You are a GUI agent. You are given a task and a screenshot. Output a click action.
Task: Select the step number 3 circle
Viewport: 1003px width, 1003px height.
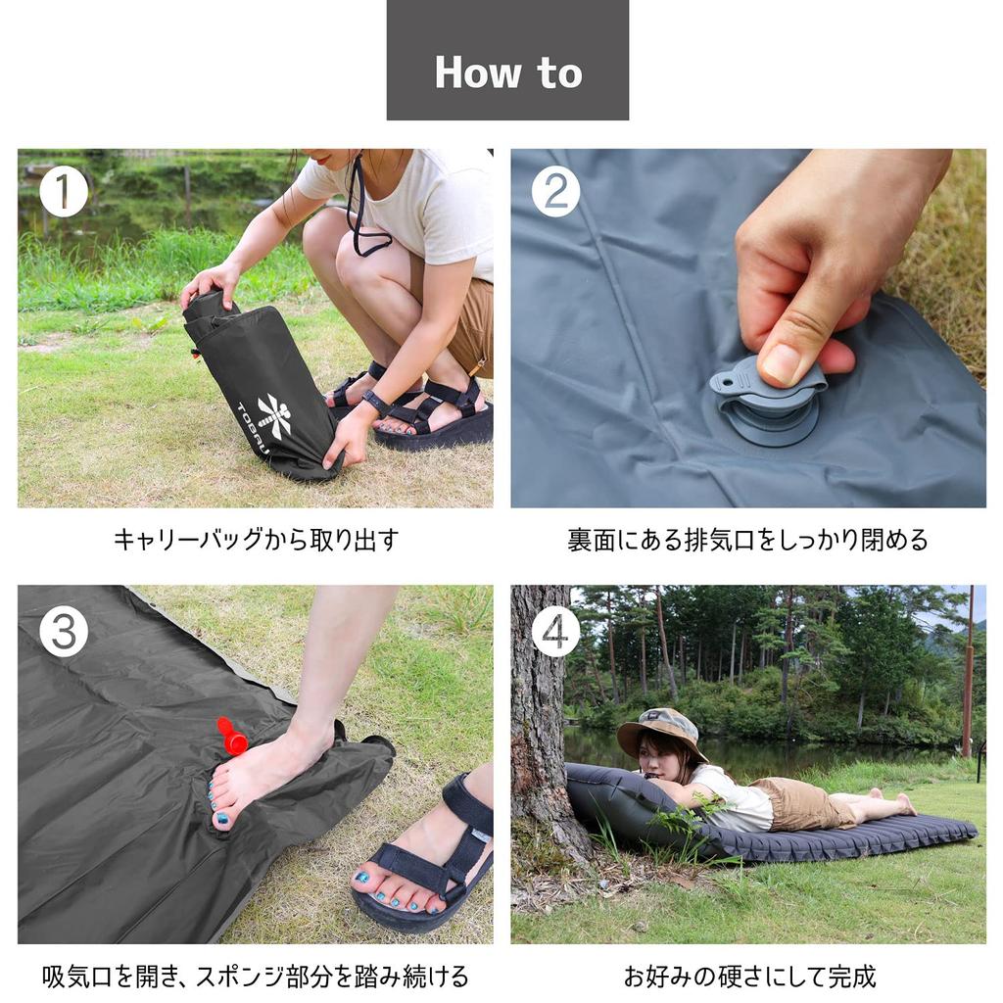(64, 633)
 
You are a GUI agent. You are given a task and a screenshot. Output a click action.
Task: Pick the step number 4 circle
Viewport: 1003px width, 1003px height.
(555, 633)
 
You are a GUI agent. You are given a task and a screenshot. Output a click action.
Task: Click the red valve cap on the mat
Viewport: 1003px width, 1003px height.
(233, 738)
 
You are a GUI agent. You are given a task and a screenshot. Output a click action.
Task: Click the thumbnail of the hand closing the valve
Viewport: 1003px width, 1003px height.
(748, 327)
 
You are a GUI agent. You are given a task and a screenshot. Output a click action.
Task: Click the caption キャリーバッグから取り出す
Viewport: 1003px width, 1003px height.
(256, 540)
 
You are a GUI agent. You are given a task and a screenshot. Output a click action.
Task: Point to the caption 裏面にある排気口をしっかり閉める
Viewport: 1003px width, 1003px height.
(747, 540)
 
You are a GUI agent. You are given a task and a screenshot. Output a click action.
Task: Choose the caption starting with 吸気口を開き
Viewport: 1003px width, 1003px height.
(256, 977)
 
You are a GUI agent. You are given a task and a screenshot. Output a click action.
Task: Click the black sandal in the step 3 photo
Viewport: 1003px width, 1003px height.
(431, 862)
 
